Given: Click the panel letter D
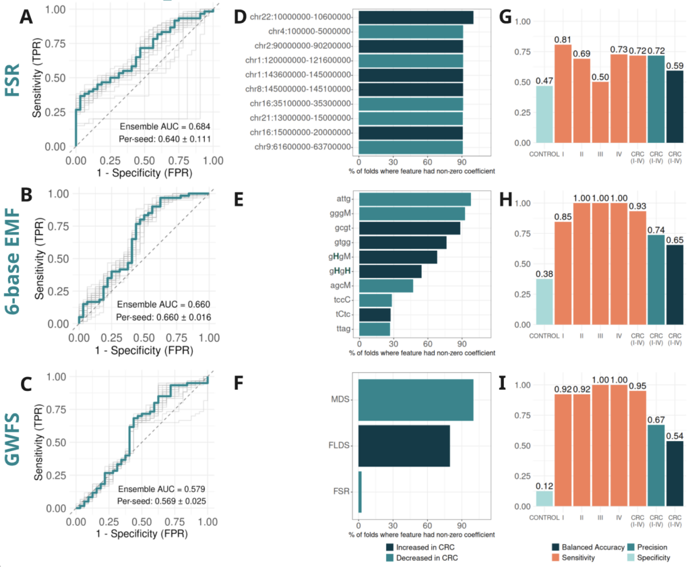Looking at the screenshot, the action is click(x=241, y=17).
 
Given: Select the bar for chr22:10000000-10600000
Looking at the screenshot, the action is click(x=416, y=17).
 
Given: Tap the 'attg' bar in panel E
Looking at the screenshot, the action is click(x=415, y=199).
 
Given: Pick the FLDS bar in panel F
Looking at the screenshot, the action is click(x=404, y=446).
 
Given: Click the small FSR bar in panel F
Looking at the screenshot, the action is click(x=360, y=491).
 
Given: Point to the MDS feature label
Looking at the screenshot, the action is click(x=340, y=399).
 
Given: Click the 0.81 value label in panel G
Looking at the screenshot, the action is click(x=563, y=40).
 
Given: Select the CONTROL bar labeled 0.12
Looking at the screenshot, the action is click(x=544, y=499).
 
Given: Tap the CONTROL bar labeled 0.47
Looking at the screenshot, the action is click(x=544, y=114).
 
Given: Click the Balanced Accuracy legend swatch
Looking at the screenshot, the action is click(x=555, y=547).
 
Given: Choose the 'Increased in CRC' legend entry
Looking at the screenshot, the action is click(x=420, y=547).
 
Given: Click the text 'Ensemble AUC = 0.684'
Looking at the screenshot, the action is click(x=165, y=126).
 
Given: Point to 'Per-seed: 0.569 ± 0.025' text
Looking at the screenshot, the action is click(x=162, y=501).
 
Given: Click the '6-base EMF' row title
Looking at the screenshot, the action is click(x=13, y=261).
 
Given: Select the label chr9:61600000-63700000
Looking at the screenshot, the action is click(x=303, y=146).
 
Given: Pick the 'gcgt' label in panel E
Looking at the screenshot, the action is click(x=343, y=228).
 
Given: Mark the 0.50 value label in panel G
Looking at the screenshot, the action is click(x=600, y=77).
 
